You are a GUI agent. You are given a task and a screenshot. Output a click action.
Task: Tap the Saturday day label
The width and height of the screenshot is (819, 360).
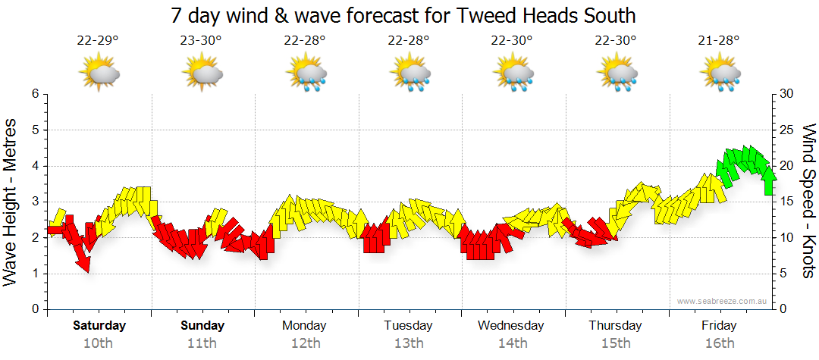point(99,326)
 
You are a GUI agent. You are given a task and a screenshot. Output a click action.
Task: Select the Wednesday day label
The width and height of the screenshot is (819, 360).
point(511,326)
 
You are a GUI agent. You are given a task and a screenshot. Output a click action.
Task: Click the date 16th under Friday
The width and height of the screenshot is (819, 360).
point(719,343)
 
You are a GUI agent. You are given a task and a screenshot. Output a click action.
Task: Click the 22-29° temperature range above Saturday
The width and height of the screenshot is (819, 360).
point(98,41)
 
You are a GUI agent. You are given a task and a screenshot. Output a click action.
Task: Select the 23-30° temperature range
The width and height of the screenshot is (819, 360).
point(201,41)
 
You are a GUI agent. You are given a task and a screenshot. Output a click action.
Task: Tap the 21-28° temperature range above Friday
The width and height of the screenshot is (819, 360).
point(719,41)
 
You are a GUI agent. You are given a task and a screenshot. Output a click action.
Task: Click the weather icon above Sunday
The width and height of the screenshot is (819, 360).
point(202,74)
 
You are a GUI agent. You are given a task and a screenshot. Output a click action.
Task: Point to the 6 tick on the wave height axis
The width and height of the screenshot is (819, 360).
point(34,94)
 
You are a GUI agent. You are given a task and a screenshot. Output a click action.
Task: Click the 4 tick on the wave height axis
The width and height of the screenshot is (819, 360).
point(34,166)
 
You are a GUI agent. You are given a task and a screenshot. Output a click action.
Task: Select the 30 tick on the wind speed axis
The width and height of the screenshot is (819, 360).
point(787,94)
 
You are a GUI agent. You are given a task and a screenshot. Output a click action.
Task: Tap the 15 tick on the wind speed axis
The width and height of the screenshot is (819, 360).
point(787,202)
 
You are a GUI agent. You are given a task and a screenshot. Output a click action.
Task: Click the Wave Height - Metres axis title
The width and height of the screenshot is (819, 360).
point(11,202)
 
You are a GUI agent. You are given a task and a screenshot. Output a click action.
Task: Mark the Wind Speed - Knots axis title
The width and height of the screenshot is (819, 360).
point(808,202)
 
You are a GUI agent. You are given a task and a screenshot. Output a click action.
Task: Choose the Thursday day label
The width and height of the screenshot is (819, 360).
point(615,326)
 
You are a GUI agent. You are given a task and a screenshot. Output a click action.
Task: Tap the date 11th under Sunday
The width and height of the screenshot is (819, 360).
point(202,343)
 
